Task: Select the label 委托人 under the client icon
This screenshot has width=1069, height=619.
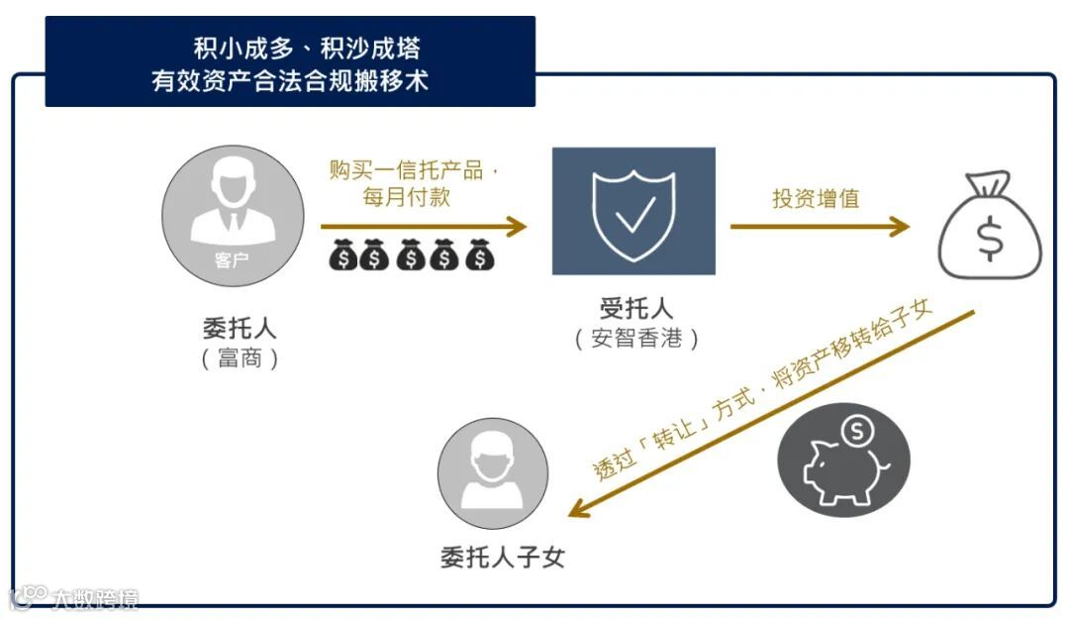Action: tap(240, 329)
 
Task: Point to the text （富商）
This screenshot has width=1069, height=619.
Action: tap(240, 359)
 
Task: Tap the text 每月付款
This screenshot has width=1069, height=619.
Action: tap(407, 197)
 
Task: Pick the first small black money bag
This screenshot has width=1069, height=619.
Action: tap(342, 257)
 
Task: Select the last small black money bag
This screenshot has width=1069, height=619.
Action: tap(480, 257)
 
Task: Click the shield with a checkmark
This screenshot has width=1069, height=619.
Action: tap(633, 210)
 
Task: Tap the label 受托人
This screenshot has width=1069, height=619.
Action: tap(635, 309)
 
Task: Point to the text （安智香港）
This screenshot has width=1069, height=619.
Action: tap(635, 339)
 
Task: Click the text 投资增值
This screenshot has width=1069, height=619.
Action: tap(816, 198)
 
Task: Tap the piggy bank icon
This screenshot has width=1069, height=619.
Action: tap(843, 462)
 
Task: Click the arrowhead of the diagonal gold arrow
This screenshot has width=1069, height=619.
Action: tap(581, 508)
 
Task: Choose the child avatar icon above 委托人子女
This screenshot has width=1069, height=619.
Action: tap(492, 473)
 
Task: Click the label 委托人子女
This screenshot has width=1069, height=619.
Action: tap(503, 557)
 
